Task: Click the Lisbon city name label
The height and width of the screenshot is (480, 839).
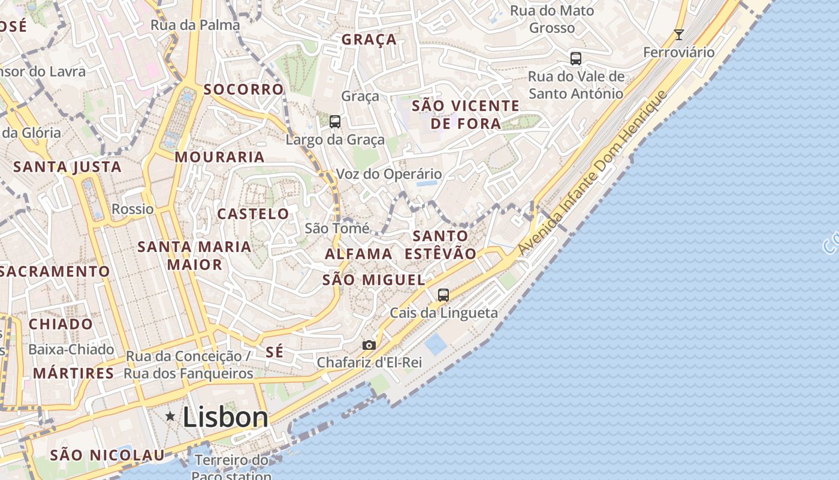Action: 225,417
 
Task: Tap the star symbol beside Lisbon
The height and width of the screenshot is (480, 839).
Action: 171,416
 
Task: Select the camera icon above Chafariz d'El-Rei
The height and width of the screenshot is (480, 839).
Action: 369,345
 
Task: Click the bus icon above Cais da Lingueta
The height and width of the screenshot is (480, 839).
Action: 443,295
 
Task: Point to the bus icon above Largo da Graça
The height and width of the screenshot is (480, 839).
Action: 335,122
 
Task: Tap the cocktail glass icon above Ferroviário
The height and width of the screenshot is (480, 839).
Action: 678,35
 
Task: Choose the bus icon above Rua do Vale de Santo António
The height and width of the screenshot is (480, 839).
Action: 576,59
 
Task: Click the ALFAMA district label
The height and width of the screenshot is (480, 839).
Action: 358,254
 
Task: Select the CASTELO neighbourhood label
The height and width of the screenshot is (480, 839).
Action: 253,214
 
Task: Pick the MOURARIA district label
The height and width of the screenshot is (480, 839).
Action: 219,157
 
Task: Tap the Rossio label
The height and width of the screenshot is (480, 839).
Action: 132,209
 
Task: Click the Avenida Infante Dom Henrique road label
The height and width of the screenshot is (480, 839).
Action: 593,174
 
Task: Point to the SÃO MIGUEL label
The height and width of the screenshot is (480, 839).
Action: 374,280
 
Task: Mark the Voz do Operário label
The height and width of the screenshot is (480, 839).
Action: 388,174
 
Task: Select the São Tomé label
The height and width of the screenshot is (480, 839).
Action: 337,228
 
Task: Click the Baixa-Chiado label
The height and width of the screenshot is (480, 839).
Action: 71,349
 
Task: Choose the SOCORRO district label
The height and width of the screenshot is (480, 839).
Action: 243,89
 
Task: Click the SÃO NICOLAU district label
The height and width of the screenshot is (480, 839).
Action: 107,455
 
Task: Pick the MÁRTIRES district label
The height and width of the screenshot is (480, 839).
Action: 73,373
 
